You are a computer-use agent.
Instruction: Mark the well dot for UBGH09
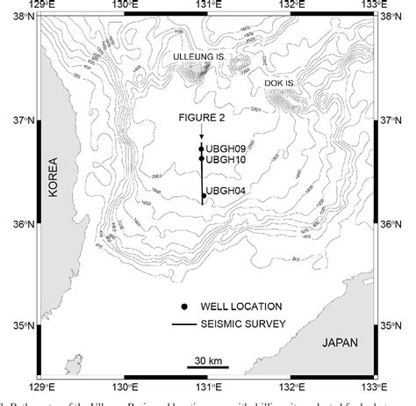point(202,149)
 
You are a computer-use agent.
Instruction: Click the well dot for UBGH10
point(202,159)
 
